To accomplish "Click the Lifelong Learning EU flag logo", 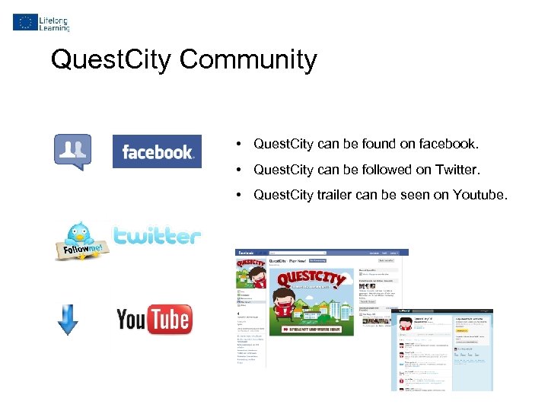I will (x=24, y=22).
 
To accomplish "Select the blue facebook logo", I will (x=157, y=151).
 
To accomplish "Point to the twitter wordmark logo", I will (x=158, y=236).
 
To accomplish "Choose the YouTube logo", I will (x=154, y=319).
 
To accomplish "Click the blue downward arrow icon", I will (x=68, y=319).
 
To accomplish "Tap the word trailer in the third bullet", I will (x=334, y=194).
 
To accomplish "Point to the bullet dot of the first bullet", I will (x=238, y=144).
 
